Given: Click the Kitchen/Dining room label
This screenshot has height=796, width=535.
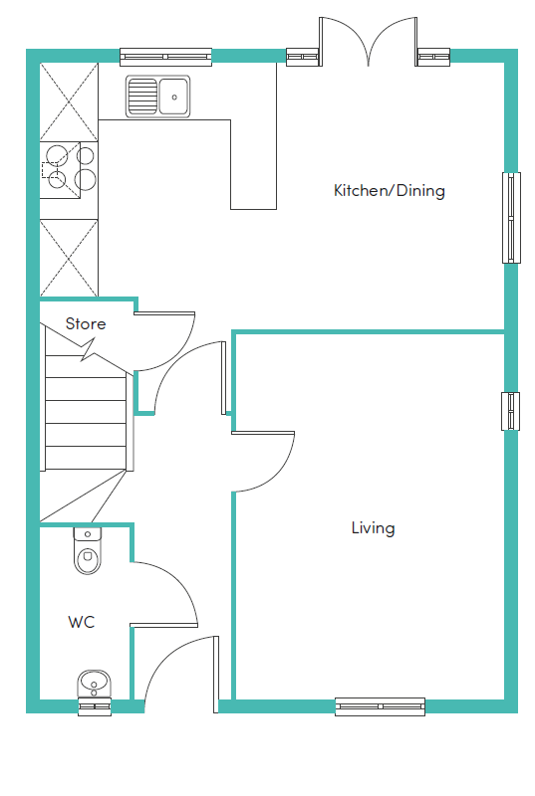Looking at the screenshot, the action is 390,190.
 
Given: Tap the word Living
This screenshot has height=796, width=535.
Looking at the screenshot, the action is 373,528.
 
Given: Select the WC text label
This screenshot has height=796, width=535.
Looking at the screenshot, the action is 82,622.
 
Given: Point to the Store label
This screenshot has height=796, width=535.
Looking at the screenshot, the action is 86,323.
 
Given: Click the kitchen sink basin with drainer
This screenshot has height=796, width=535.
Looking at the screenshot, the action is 158,97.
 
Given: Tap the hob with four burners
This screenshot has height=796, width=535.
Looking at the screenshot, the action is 69,170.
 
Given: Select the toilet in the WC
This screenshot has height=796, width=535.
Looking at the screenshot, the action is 88,550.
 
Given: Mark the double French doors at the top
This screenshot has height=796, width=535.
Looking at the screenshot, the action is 369,42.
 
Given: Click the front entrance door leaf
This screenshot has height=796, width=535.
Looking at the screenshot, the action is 216,675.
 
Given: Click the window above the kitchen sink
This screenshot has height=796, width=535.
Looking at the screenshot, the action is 165,57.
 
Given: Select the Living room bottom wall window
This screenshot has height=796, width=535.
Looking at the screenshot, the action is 380,706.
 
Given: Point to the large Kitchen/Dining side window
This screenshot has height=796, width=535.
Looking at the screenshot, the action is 512,218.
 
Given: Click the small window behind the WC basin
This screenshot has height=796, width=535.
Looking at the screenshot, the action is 95,706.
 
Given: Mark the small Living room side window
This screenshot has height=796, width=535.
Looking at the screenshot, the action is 511,411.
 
